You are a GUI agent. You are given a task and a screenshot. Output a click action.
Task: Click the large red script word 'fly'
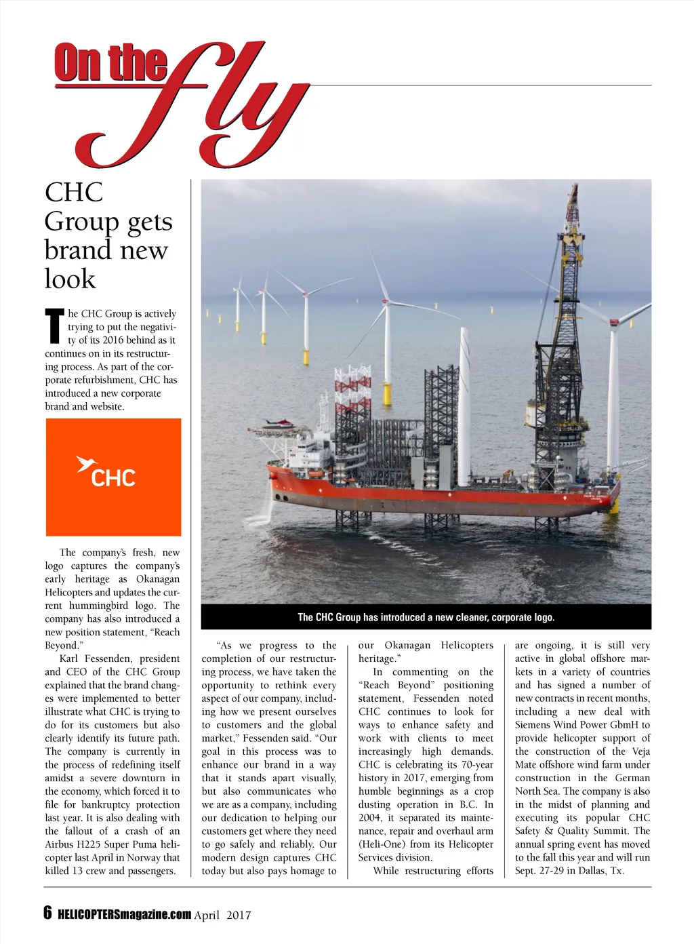pos(203,109)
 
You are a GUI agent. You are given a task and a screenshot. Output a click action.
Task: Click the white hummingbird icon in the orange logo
pos(85,464)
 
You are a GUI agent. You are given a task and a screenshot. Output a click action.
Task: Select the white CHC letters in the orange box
pos(113,478)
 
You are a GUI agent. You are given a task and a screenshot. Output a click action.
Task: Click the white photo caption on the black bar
pos(426,617)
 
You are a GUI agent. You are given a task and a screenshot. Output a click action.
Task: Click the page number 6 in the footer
pos(47,912)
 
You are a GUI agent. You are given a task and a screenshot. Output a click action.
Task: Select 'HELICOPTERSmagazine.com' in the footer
pos(125,914)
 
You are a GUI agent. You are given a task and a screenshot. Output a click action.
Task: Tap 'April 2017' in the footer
pos(222,915)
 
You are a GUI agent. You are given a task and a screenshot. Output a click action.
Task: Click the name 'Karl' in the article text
pos(70,658)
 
